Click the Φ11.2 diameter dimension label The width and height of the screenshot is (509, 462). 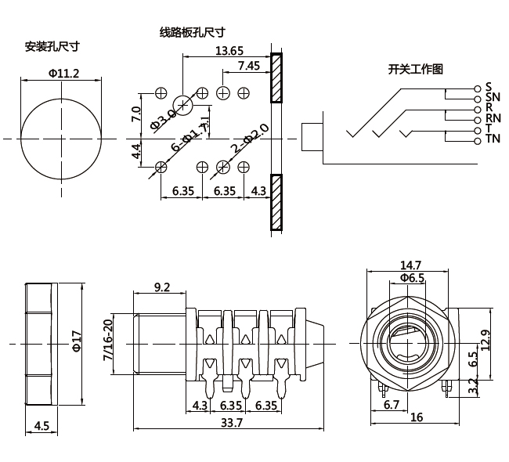coord(63,73)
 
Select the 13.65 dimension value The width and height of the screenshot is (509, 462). coord(229,51)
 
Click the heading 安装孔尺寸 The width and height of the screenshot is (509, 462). coord(52,46)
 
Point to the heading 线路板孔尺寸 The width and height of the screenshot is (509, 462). coord(192,32)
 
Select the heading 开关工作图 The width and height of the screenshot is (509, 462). coord(416,69)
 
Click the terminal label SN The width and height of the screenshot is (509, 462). coord(493,97)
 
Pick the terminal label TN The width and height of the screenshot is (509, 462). coord(493,139)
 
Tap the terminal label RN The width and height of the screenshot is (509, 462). coord(493,118)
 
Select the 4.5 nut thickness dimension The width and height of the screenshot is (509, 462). coord(42,427)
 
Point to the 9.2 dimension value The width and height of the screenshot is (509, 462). coord(161,287)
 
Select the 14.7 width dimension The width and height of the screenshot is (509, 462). coord(411,265)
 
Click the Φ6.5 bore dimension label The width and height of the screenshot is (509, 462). coord(412,278)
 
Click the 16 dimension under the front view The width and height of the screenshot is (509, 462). coord(417,417)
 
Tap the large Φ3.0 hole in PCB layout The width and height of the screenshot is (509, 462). coord(183,105)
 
